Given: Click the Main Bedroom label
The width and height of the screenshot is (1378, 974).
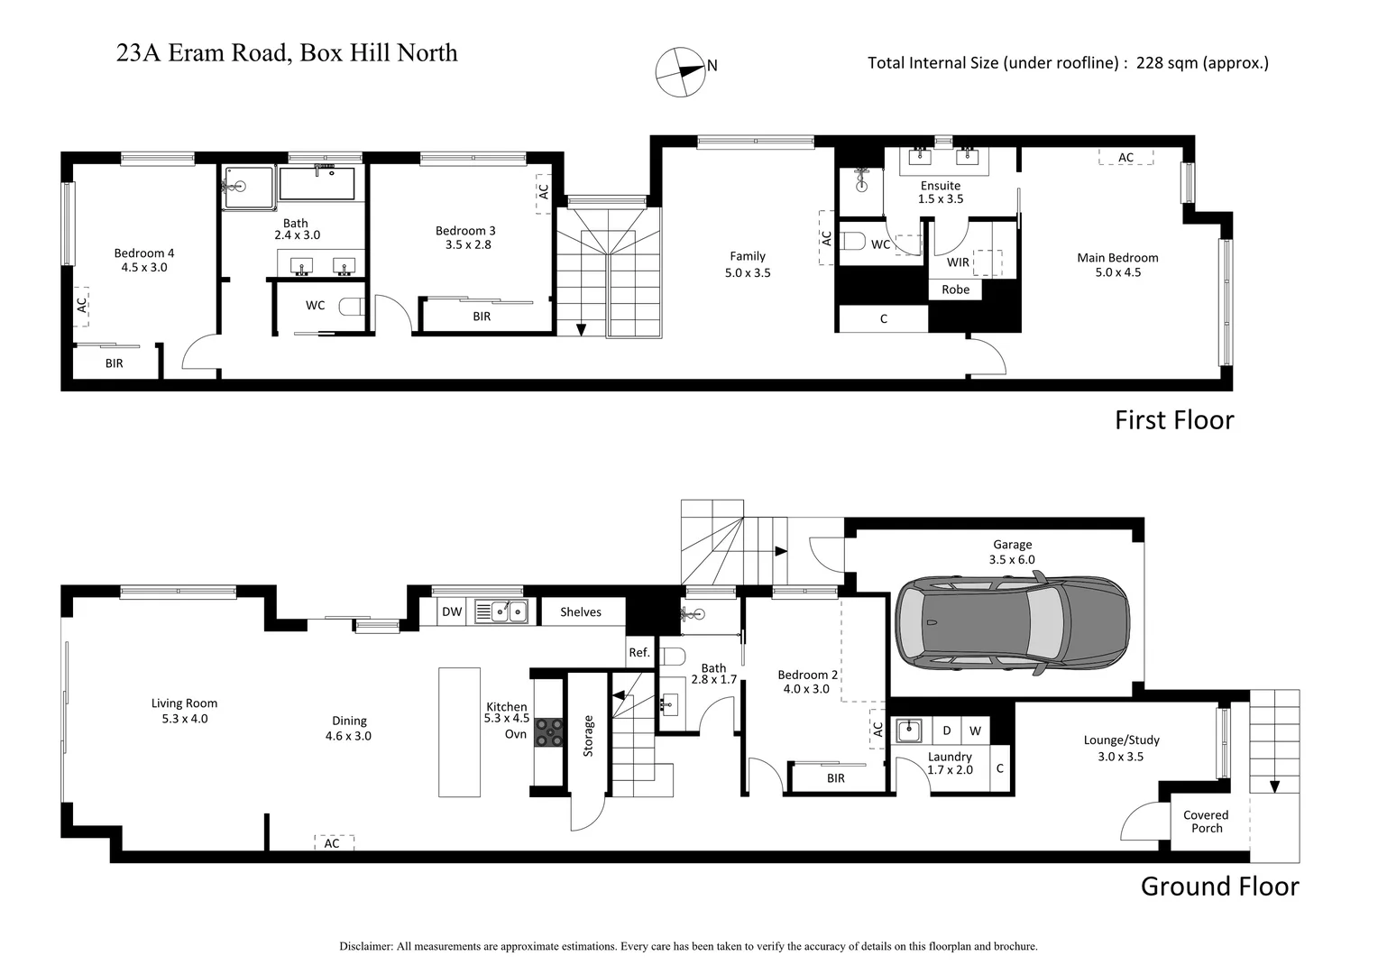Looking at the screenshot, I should click(x=1117, y=264).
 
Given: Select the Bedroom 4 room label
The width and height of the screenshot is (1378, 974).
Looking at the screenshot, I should click(x=144, y=260).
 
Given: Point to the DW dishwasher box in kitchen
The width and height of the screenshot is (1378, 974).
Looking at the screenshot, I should click(x=452, y=611).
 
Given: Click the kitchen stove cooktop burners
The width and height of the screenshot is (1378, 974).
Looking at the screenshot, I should click(x=547, y=730).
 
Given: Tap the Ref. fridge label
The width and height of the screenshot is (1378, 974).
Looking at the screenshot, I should click(x=639, y=652).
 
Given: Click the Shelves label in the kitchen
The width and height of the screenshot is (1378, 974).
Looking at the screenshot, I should click(x=580, y=611).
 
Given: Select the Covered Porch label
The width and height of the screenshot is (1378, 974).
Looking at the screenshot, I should click(x=1206, y=821).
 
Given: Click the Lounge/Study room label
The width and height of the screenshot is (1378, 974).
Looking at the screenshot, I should click(x=1121, y=748).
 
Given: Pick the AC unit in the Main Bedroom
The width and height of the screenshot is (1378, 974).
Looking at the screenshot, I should click(x=1125, y=157).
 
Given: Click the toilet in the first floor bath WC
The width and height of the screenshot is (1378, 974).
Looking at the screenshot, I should click(x=351, y=307).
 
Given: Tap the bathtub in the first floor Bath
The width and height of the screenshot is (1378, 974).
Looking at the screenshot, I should click(x=321, y=184).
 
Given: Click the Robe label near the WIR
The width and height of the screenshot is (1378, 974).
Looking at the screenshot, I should click(x=955, y=289).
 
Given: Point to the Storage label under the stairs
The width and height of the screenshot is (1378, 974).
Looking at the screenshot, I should click(x=588, y=735).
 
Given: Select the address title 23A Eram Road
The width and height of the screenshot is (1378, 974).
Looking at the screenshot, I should click(x=287, y=53).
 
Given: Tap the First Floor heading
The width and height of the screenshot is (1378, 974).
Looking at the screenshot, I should click(x=1173, y=420).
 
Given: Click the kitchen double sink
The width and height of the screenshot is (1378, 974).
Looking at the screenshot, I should click(x=506, y=611).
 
